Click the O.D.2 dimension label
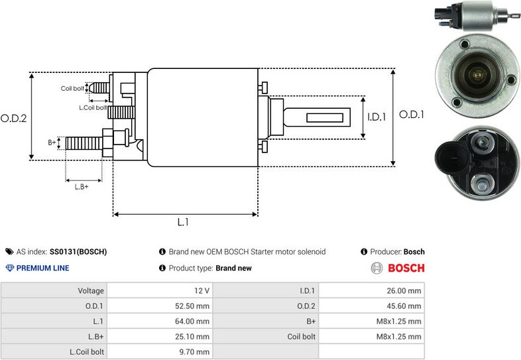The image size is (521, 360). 13,118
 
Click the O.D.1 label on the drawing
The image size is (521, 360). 411,114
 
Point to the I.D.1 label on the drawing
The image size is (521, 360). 376,117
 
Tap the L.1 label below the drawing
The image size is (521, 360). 184,223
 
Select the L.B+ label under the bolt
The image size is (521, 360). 82,186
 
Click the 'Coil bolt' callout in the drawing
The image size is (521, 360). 72,88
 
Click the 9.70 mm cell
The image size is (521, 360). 195,352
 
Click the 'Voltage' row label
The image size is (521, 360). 91,290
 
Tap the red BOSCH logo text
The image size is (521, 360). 406,269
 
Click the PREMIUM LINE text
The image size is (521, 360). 42,269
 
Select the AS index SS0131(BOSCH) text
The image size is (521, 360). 78,252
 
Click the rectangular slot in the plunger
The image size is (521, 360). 327,118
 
